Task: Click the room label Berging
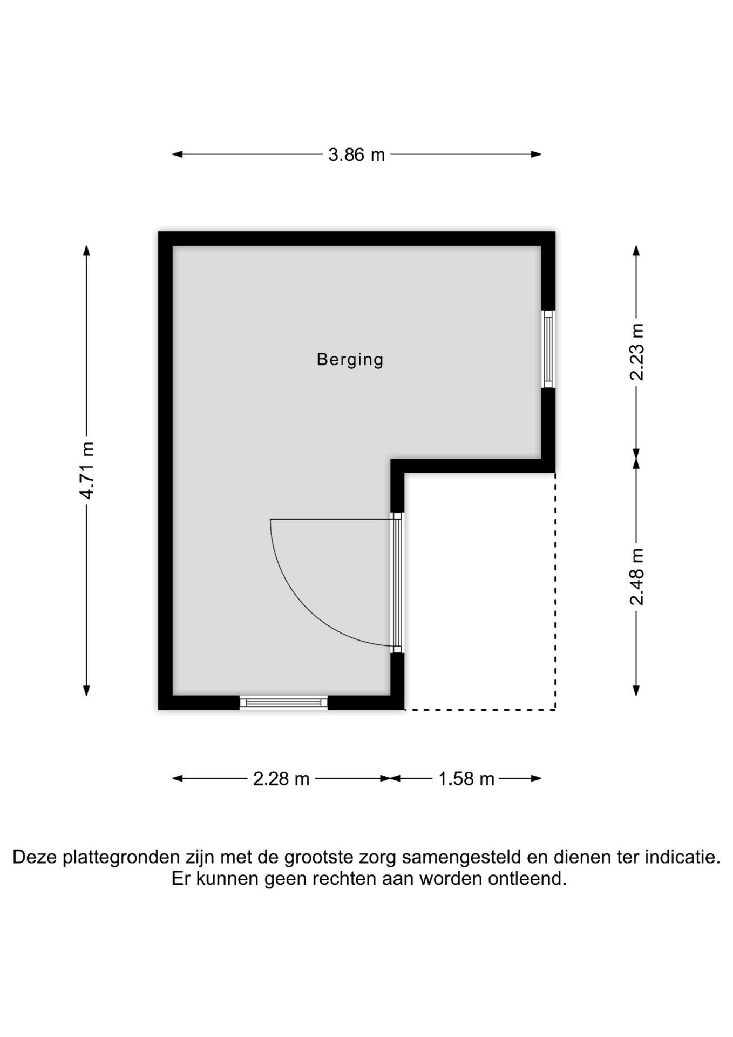point(350,360)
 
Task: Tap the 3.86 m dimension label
point(356,155)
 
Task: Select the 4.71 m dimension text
point(87,470)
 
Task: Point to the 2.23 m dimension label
point(637,352)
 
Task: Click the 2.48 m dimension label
point(637,577)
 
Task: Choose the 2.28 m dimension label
point(281,779)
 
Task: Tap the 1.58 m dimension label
point(466,779)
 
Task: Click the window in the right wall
point(548,349)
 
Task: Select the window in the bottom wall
point(284,703)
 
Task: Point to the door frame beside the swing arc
point(397,582)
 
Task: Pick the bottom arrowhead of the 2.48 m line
point(636,690)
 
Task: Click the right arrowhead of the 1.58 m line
point(536,778)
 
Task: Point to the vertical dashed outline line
point(555,591)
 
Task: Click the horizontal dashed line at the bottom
point(480,710)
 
